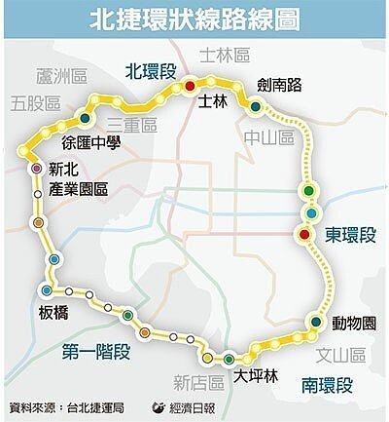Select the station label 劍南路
click(278, 85)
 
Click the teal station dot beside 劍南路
click(255, 107)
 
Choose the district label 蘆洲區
click(60, 77)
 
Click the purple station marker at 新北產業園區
click(36, 169)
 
